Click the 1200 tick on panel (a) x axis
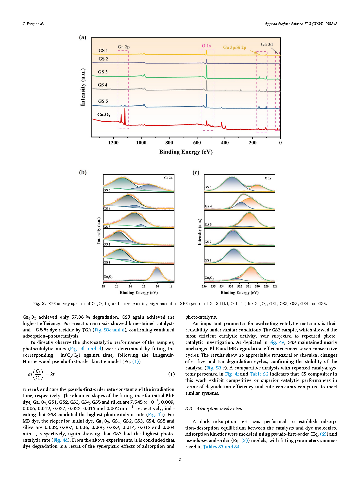pyautogui.click(x=113, y=142)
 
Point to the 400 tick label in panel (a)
pyautogui.click(x=225, y=142)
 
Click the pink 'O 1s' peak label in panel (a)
pyautogui.click(x=206, y=46)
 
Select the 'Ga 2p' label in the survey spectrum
pyautogui.click(x=124, y=47)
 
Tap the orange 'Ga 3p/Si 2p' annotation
pyautogui.click(x=235, y=47)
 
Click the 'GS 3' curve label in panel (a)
pyautogui.click(x=103, y=72)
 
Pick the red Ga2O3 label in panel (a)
pyautogui.click(x=104, y=115)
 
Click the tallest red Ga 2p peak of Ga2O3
pyautogui.click(x=125, y=110)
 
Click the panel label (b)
pyautogui.click(x=83, y=172)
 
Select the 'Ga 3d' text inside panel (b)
pyautogui.click(x=168, y=178)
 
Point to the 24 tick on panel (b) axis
pyautogui.click(x=130, y=286)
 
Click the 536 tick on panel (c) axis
pyautogui.click(x=204, y=286)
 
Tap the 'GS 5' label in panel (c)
pyautogui.click(x=208, y=187)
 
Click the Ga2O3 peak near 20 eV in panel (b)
pyautogui.click(x=157, y=269)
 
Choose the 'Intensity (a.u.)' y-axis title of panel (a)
pyautogui.click(x=83, y=87)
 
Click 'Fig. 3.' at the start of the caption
pyautogui.click(x=39, y=304)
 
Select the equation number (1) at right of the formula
pyautogui.click(x=171, y=374)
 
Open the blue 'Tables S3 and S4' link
pyautogui.click(x=221, y=447)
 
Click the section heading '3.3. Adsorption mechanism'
pyautogui.click(x=214, y=409)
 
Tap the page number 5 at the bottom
pyautogui.click(x=180, y=459)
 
